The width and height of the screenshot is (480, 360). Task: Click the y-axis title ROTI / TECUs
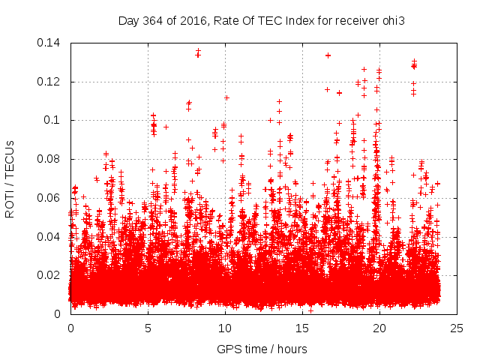10,178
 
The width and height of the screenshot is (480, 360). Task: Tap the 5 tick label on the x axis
148,328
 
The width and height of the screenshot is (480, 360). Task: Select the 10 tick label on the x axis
225,328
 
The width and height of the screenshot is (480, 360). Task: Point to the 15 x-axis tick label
302,328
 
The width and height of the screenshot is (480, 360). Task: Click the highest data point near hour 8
198,52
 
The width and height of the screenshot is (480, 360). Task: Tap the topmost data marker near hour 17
328,55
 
